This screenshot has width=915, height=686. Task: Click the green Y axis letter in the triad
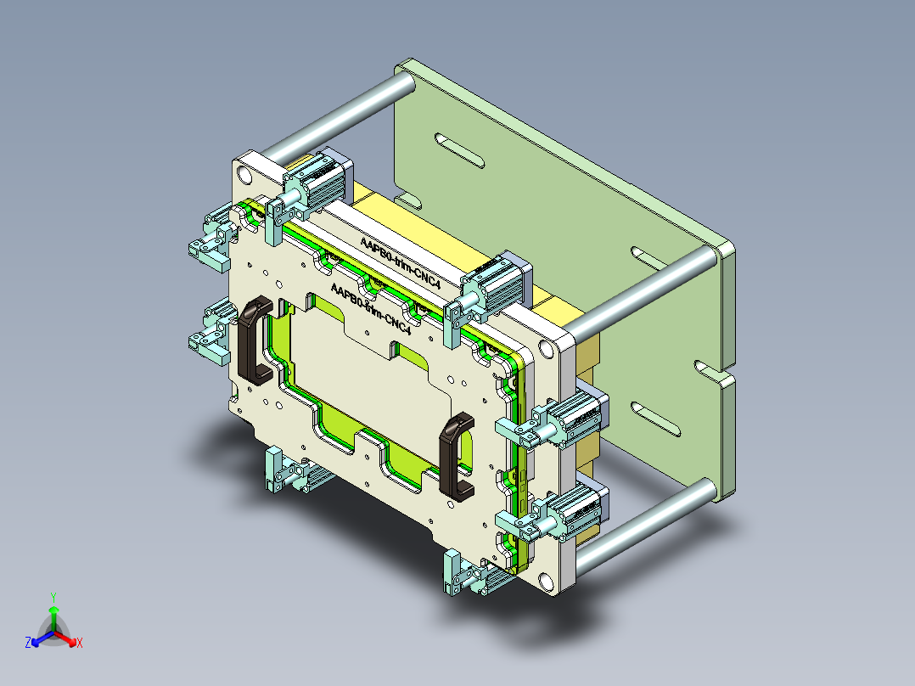click(x=53, y=597)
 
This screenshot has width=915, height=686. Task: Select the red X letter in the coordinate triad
click(x=80, y=644)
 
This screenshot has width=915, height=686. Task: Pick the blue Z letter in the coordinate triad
click(x=28, y=644)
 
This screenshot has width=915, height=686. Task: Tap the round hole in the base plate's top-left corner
click(x=245, y=176)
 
